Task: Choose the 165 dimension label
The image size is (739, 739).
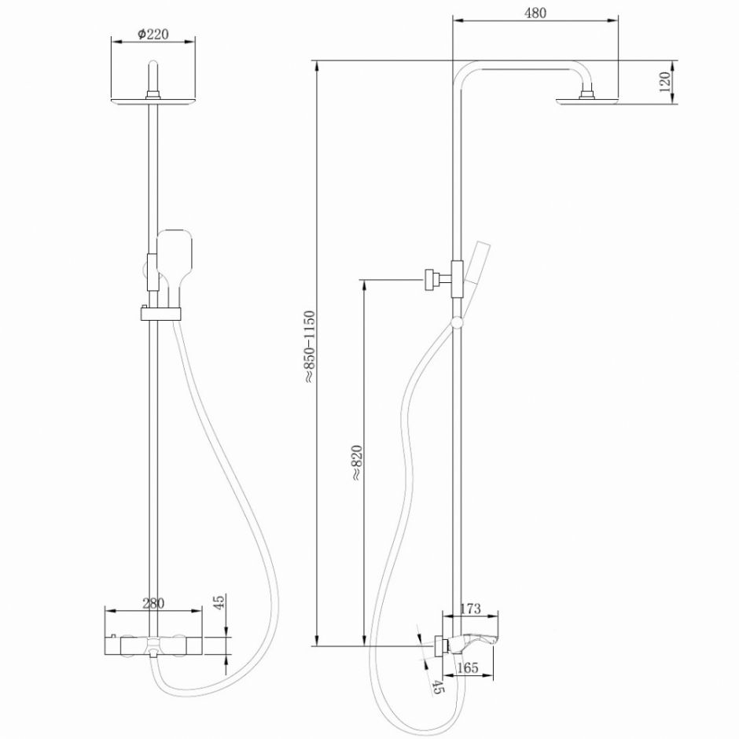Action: pos(467,668)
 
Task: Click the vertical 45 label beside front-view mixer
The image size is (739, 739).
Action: pos(219,603)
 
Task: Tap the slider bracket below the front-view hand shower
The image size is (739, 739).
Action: pos(161,314)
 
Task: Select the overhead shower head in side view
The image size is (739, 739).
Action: pos(586,99)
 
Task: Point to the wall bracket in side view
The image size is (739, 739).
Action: pos(432,279)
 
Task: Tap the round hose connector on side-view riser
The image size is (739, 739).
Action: pos(456,321)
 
